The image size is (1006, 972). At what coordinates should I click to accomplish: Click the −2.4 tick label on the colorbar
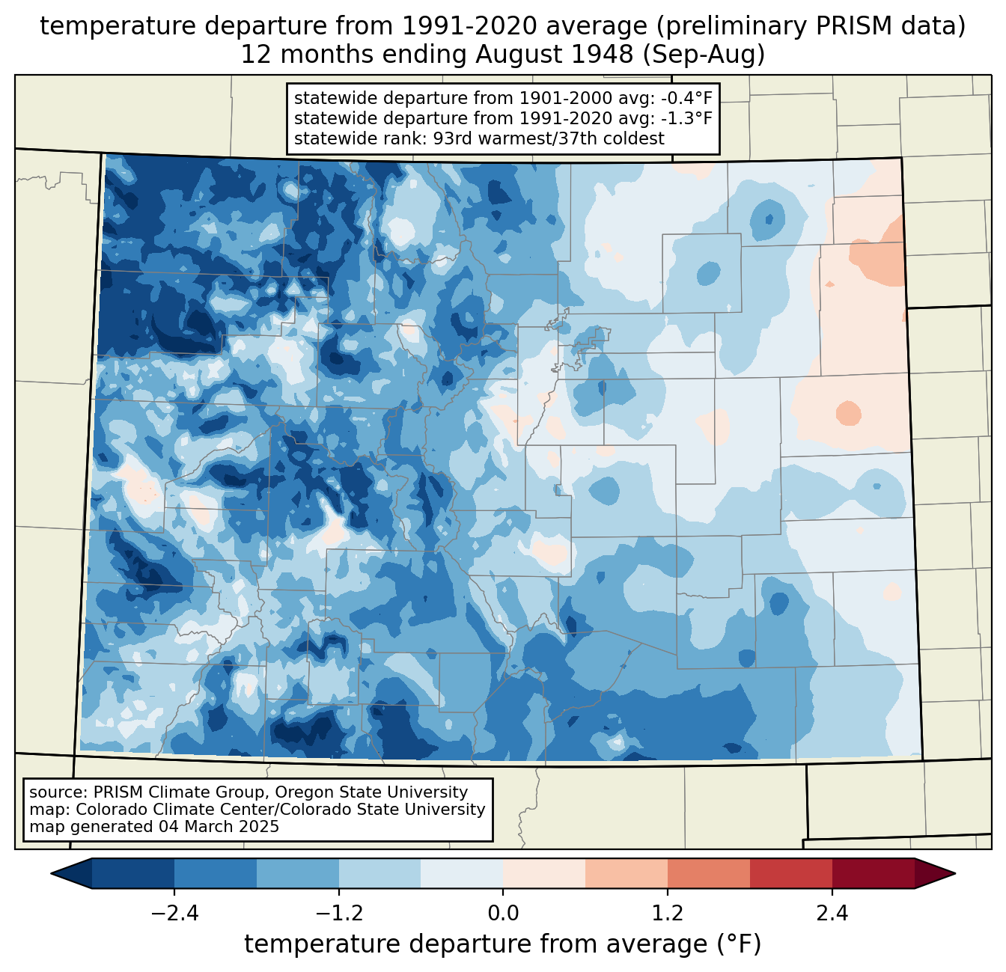click(x=174, y=914)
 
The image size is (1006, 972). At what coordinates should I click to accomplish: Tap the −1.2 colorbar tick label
click(x=338, y=914)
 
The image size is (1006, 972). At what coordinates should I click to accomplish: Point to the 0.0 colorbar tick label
click(x=503, y=914)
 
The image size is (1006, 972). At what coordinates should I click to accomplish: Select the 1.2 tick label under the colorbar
click(x=668, y=914)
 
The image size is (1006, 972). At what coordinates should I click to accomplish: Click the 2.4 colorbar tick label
click(x=832, y=914)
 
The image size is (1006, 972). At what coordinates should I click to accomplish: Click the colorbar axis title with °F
click(x=503, y=944)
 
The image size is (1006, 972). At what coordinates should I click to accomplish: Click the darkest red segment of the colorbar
click(x=873, y=873)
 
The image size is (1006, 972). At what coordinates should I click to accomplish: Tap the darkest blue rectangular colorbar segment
click(x=133, y=873)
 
